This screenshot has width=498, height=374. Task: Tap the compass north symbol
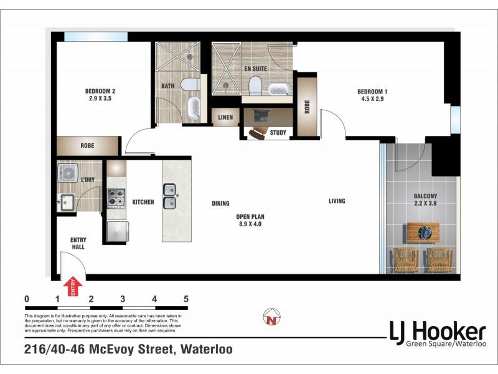pyautogui.click(x=271, y=317)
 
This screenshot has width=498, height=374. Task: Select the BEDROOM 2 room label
pyautogui.click(x=100, y=95)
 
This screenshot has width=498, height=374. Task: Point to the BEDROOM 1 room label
pyautogui.click(x=370, y=94)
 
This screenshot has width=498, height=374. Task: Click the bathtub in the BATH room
pyautogui.click(x=194, y=108)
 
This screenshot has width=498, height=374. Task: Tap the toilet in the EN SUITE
pyautogui.click(x=255, y=85)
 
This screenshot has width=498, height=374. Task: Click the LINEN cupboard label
pyautogui.click(x=224, y=117)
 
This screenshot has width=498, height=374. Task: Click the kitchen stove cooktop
pyautogui.click(x=116, y=197)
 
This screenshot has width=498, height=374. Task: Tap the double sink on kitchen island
pyautogui.click(x=169, y=196)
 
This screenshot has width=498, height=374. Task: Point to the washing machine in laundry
pyautogui.click(x=67, y=173)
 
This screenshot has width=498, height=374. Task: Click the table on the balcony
pyautogui.click(x=423, y=233)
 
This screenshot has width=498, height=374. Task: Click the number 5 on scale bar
pyautogui.click(x=186, y=299)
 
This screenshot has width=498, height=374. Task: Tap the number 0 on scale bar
pyautogui.click(x=27, y=299)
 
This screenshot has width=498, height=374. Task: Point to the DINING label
pyautogui.click(x=220, y=203)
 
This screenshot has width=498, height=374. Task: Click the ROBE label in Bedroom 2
pyautogui.click(x=87, y=145)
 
